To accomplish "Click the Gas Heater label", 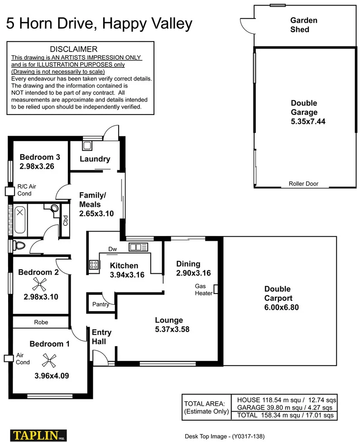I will click(203, 290).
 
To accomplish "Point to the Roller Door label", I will click(303, 184).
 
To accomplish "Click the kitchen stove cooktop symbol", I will click(94, 265).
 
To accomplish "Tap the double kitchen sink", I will click(138, 247).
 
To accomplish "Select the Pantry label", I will click(101, 304).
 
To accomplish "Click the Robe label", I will click(41, 322).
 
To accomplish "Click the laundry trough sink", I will click(87, 146).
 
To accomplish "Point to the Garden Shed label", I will click(303, 25).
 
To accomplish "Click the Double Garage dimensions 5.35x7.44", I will click(308, 121).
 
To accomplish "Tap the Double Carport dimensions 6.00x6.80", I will click(281, 307).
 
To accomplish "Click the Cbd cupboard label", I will click(66, 220).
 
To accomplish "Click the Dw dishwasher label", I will click(112, 249).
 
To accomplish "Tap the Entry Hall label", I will click(101, 337).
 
